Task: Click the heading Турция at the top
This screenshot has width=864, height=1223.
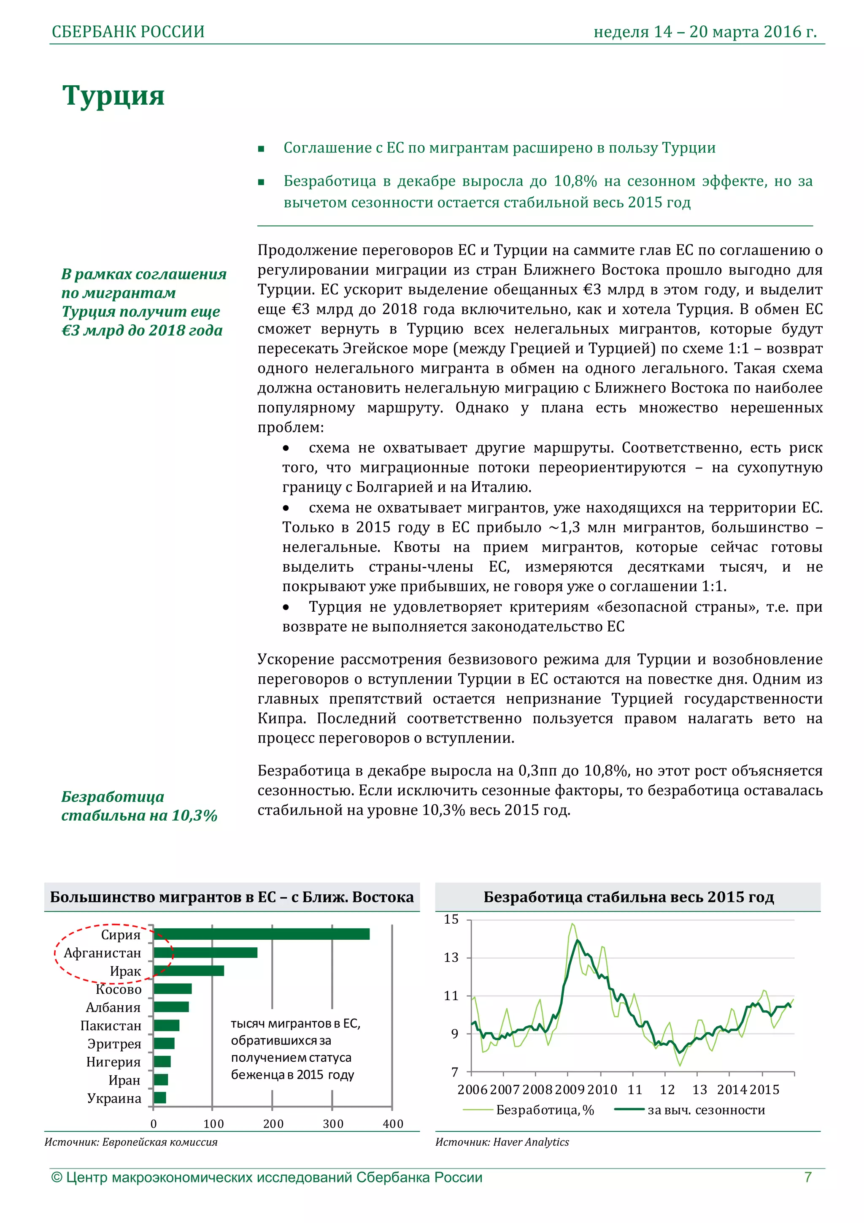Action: coord(113,96)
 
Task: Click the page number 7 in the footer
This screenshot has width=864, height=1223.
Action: coord(807,1177)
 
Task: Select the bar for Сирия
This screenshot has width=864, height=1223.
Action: coord(261,934)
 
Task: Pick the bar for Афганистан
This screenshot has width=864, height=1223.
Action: coord(205,952)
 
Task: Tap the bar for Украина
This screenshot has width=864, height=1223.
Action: coord(160,1097)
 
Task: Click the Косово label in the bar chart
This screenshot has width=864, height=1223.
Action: coord(118,989)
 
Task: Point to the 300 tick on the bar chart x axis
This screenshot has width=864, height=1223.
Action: coord(333,1123)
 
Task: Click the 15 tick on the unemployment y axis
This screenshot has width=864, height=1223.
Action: coord(451,919)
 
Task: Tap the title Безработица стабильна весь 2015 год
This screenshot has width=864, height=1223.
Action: coord(628,897)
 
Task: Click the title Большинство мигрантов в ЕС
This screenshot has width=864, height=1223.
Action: coord(232,897)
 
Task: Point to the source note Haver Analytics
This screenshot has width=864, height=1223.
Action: coord(502,1142)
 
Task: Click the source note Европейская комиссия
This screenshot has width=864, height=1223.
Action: coord(131,1142)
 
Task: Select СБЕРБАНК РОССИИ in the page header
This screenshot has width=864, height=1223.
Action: coord(128,32)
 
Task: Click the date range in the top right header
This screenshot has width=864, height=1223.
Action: coord(705,32)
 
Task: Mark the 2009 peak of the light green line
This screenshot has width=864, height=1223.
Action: coord(572,924)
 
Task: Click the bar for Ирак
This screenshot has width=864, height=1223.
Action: coord(189,971)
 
